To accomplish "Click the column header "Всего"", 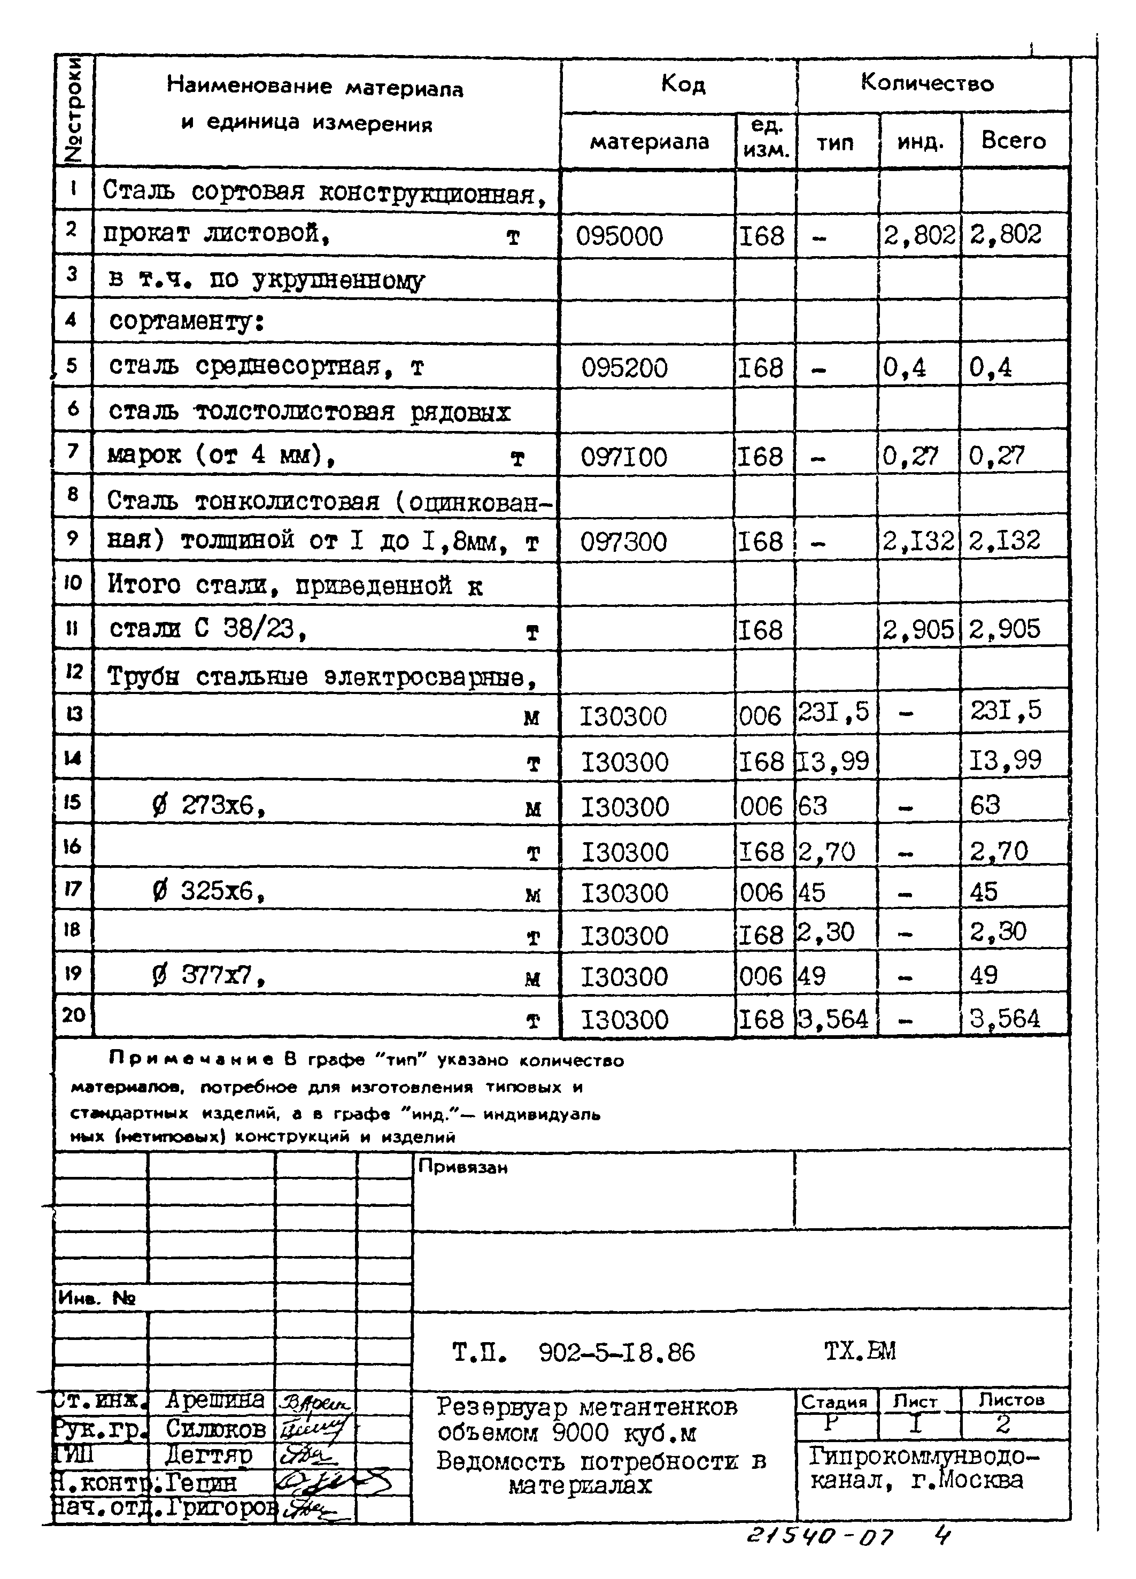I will (1014, 141).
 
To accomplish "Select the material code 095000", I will (619, 237).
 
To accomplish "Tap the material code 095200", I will (624, 367).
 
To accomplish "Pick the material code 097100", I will (624, 457).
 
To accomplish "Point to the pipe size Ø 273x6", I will (209, 806).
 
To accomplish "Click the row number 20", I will (73, 1015).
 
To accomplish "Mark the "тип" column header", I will (834, 143).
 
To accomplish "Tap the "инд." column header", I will (920, 143).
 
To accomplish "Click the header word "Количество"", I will (927, 83).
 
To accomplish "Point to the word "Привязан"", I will (463, 1168).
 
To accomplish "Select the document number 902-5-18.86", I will (617, 1353).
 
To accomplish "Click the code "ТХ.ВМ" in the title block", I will (860, 1351).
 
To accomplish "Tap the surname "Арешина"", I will (214, 1400).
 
